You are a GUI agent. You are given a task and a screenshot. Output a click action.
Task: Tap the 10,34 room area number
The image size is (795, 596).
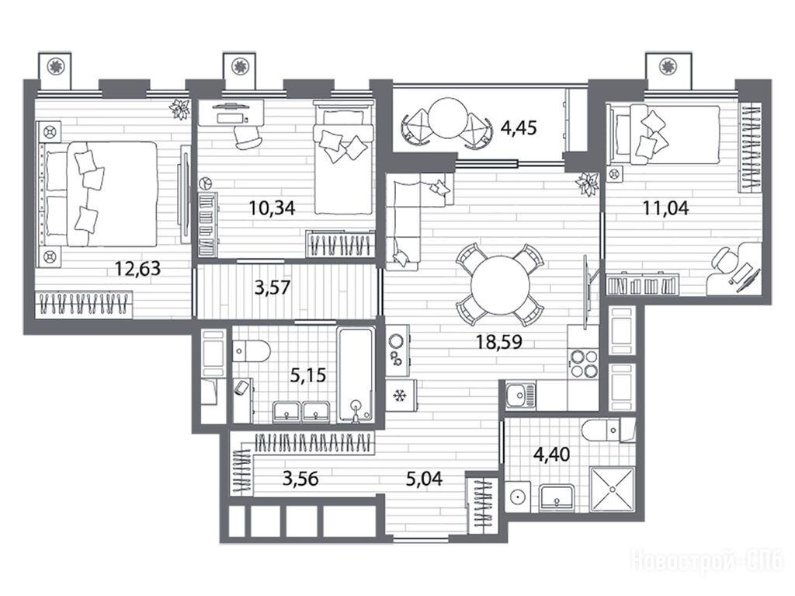[272, 207]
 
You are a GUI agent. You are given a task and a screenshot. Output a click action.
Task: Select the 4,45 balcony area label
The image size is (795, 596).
[518, 127]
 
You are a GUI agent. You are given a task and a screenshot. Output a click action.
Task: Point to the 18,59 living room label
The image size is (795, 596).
[499, 342]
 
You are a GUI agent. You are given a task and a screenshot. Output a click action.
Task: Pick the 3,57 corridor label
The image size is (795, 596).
[273, 288]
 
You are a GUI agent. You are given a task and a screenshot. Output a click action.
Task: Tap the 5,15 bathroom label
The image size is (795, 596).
[307, 375]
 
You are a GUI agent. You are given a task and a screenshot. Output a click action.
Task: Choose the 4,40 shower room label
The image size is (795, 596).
[551, 453]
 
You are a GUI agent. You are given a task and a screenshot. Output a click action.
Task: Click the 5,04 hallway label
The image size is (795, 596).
[425, 478]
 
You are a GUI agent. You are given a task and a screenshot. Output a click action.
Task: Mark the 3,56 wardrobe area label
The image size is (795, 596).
[300, 478]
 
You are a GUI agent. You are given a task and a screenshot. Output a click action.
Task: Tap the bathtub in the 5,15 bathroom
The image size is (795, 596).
[356, 375]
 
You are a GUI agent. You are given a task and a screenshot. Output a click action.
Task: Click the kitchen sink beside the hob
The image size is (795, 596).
[519, 394]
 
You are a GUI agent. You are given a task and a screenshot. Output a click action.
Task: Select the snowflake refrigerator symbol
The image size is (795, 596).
[400, 395]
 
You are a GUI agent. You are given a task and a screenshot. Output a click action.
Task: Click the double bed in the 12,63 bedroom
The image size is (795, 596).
[99, 194]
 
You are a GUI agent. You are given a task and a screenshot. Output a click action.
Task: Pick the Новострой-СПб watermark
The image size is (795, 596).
[708, 562]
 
